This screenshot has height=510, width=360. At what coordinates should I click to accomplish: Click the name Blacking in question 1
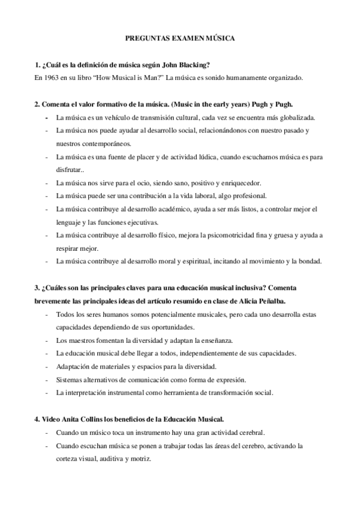189,65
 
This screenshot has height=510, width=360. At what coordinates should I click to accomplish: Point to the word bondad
307,261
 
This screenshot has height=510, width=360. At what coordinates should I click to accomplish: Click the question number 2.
36,104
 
